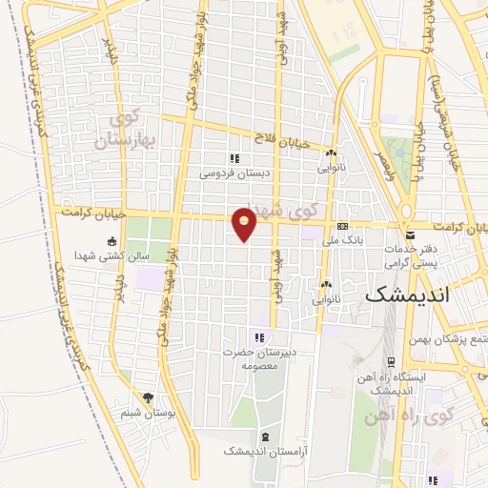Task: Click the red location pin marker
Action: click(x=245, y=223)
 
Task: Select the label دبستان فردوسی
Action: click(x=229, y=173)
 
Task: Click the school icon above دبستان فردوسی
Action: click(x=234, y=158)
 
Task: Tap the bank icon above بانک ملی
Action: click(x=342, y=226)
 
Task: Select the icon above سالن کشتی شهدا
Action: click(x=112, y=241)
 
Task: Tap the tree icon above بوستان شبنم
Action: click(x=147, y=397)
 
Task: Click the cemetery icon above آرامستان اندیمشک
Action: click(x=265, y=437)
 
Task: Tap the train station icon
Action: click(x=391, y=362)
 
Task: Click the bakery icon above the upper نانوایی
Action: click(x=331, y=153)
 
